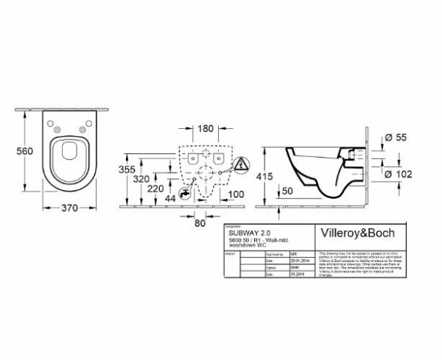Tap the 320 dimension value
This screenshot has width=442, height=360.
point(152,180)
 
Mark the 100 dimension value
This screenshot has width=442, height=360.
point(236,195)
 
